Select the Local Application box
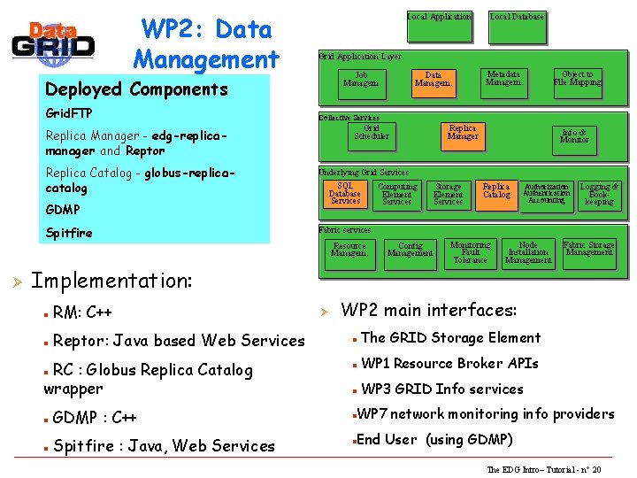click(440, 24)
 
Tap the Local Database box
click(518, 24)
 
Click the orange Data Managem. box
click(434, 81)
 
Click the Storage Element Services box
click(449, 195)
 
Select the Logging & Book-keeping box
click(599, 195)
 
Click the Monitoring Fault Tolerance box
click(470, 253)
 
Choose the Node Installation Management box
click(528, 253)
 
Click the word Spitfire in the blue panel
click(69, 233)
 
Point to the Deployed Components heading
click(136, 89)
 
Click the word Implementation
click(111, 281)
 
